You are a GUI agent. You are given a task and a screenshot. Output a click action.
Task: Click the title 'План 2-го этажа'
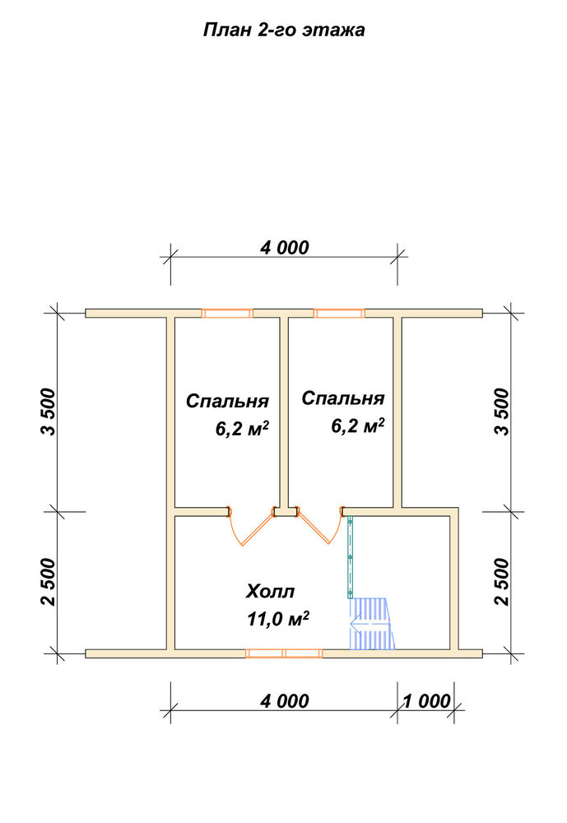[283, 30]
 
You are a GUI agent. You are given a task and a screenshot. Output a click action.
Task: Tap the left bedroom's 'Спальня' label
[227, 402]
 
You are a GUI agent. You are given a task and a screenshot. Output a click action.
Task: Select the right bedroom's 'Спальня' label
[343, 398]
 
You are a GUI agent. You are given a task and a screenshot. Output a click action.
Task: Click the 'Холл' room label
[270, 592]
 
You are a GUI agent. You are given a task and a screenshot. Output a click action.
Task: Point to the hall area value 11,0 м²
[277, 618]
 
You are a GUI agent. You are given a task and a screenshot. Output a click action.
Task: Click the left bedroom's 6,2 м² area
[242, 428]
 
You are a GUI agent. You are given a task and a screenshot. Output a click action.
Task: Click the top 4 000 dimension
[285, 247]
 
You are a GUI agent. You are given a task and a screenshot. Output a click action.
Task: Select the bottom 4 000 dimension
[285, 700]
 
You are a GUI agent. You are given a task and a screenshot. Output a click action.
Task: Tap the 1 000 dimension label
[426, 700]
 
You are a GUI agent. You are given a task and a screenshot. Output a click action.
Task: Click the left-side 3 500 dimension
[49, 412]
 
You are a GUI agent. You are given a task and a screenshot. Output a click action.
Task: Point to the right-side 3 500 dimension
[502, 412]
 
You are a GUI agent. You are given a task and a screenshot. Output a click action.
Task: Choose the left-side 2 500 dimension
[49, 582]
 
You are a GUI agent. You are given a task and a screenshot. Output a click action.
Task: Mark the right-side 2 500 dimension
[502, 582]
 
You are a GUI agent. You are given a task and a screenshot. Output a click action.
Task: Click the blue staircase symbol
[372, 624]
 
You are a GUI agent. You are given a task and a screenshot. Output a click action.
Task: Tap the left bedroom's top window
[227, 314]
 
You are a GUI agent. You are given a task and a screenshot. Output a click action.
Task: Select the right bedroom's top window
[339, 314]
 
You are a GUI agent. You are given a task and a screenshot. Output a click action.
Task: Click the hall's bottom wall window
[284, 653]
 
